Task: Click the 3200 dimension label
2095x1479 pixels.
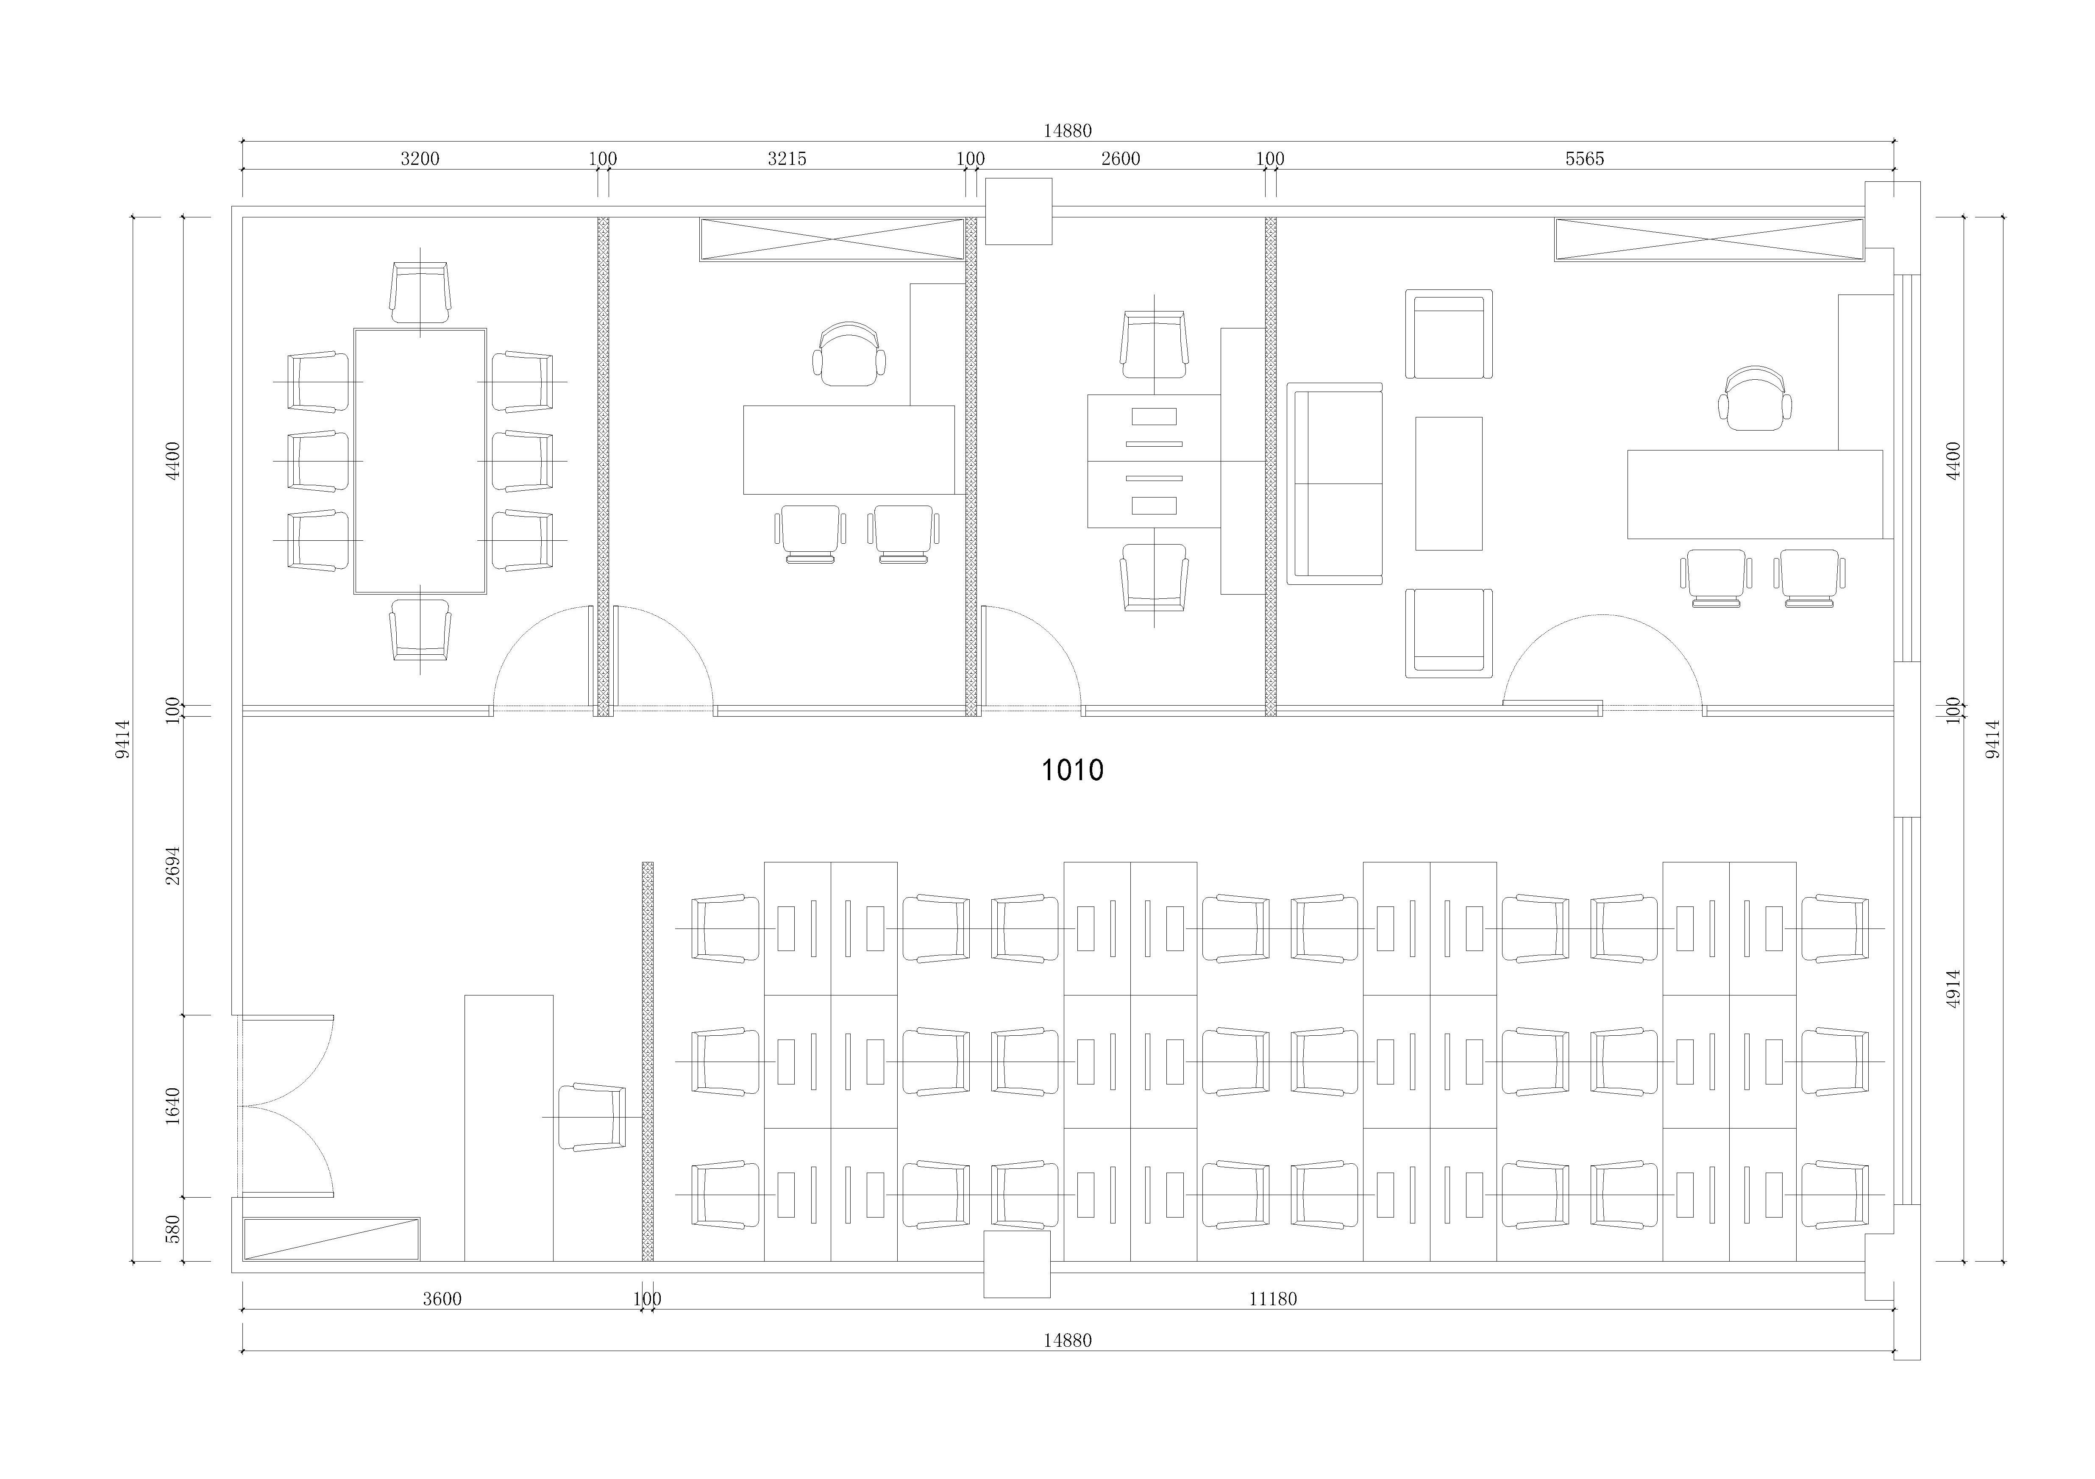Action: tap(420, 159)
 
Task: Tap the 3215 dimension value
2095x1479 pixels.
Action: tap(787, 159)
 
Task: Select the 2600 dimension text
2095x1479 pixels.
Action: tap(1121, 159)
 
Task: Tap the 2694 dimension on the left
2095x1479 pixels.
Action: tap(173, 865)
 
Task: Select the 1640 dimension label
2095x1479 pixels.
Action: tap(173, 1106)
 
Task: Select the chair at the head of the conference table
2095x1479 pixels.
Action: tap(420, 292)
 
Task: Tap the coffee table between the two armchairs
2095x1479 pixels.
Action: tap(1448, 484)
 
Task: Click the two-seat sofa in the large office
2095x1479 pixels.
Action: tap(1334, 484)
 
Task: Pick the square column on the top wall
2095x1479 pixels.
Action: tap(1018, 211)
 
